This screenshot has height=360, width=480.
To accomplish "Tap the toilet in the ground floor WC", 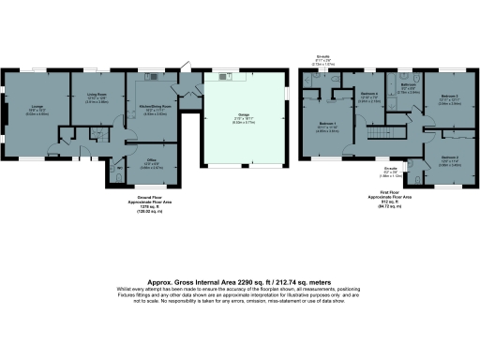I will point(114,173).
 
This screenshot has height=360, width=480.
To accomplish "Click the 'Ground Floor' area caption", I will point(145,199).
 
